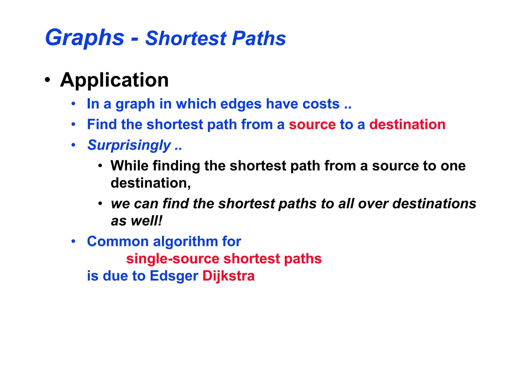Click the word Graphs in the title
tap(85, 38)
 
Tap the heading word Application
tap(114, 80)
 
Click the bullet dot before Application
tap(47, 80)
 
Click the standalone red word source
tap(312, 124)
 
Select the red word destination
tap(407, 124)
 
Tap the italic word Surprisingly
tap(129, 145)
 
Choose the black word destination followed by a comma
tap(150, 183)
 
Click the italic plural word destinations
tap(434, 204)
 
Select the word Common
tap(117, 241)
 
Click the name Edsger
tap(174, 276)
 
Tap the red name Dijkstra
tap(229, 276)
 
